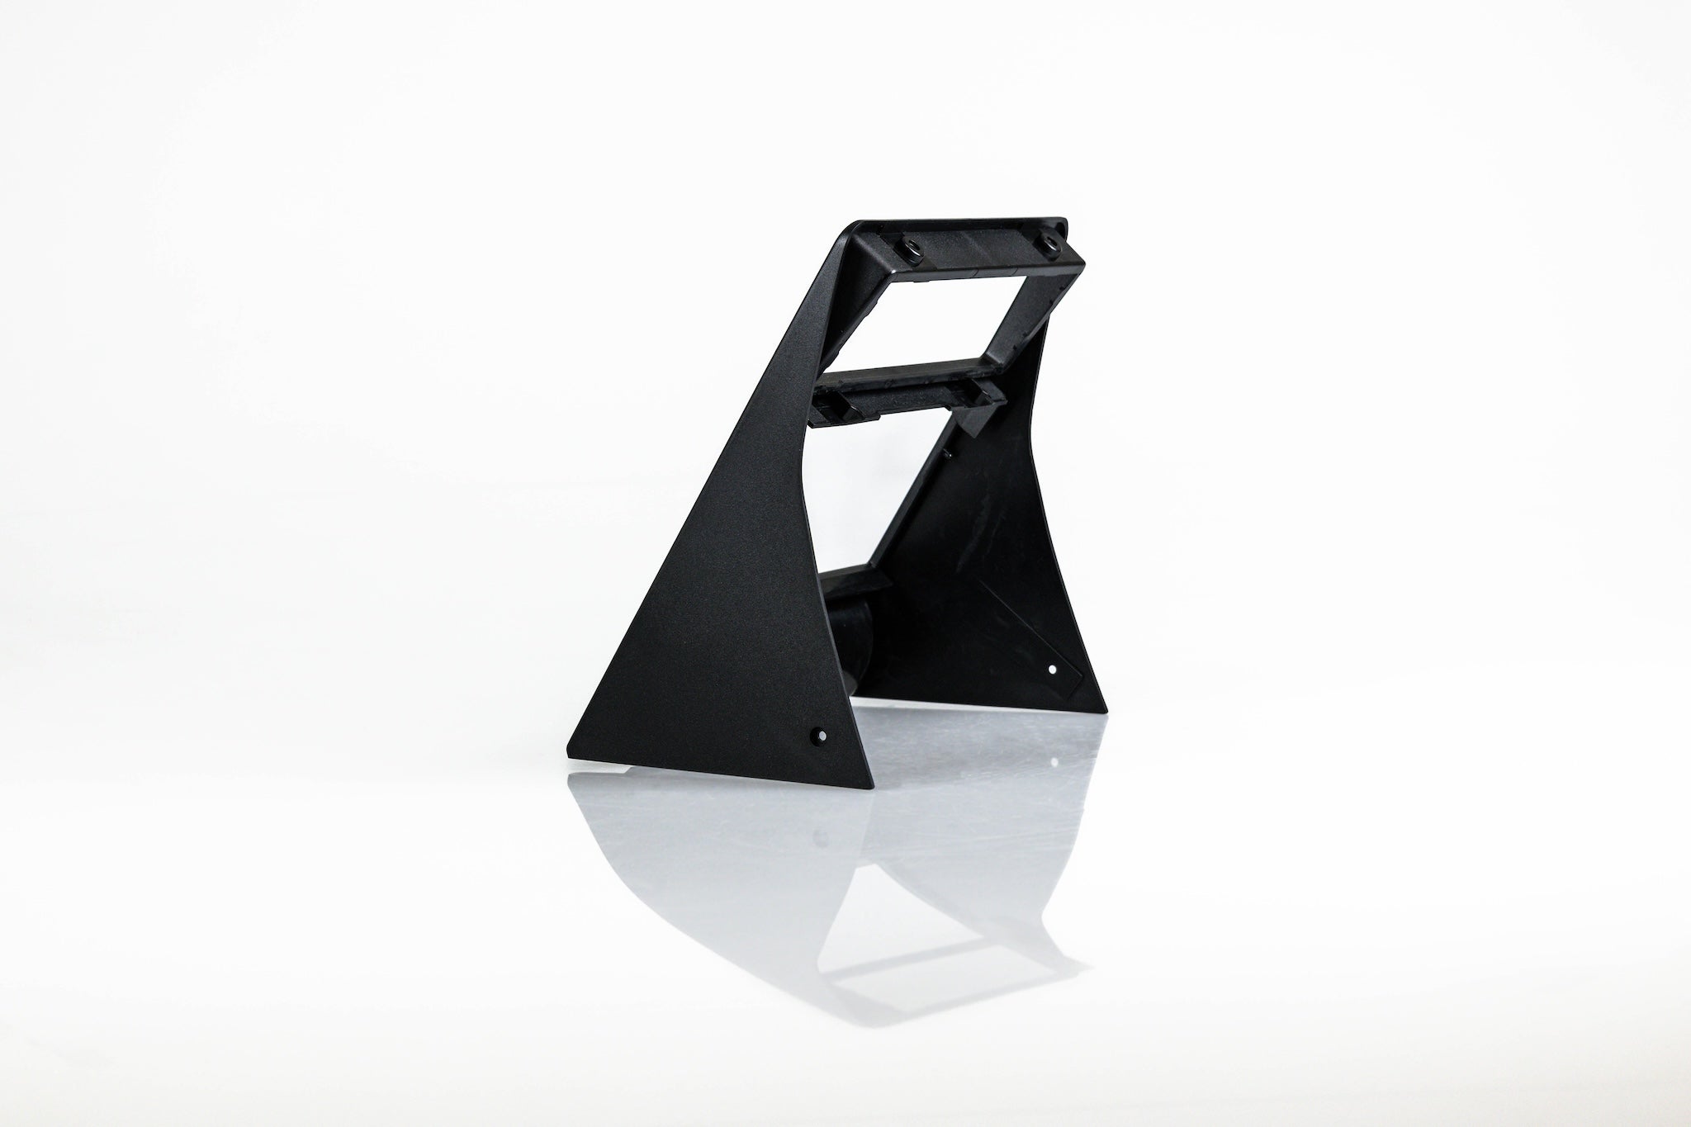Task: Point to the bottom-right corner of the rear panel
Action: click(1105, 710)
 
